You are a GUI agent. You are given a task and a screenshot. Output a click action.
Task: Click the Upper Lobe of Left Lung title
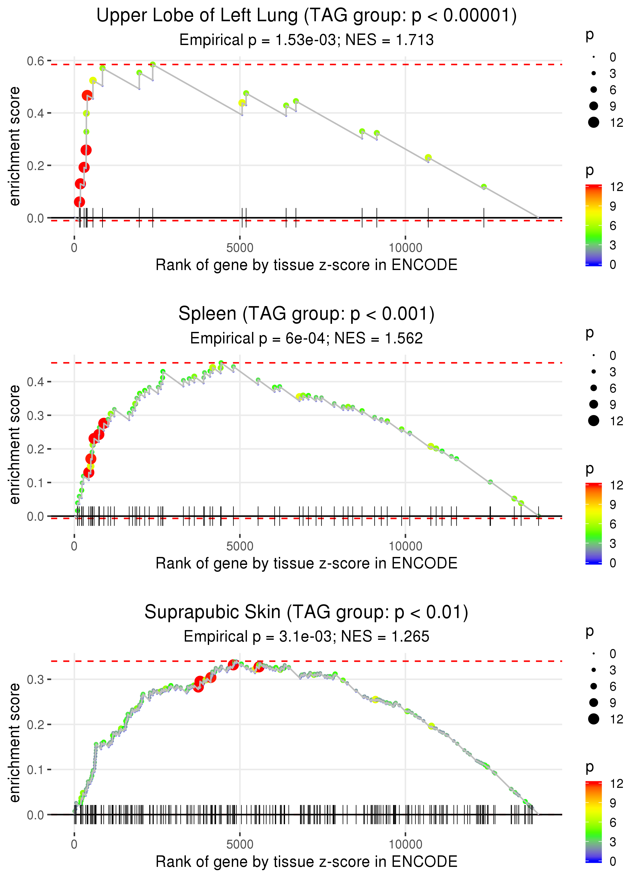click(x=306, y=16)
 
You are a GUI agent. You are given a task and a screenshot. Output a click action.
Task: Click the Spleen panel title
click(x=306, y=314)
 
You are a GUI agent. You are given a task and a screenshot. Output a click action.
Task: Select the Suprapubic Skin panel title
click(x=306, y=612)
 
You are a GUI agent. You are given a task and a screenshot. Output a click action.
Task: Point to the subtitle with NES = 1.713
click(x=306, y=40)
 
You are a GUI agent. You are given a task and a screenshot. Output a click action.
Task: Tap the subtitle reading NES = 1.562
click(x=306, y=339)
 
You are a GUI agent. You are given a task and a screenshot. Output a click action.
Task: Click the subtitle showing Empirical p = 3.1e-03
click(x=306, y=636)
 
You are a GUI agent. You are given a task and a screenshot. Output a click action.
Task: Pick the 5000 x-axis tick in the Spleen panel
click(x=240, y=546)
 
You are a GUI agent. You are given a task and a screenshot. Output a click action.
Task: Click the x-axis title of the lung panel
click(x=306, y=265)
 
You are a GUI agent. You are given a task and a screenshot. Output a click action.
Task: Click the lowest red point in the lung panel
click(x=79, y=202)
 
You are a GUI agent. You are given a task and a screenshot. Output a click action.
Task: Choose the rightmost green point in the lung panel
click(x=484, y=187)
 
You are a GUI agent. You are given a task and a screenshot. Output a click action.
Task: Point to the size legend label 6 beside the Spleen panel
click(x=613, y=388)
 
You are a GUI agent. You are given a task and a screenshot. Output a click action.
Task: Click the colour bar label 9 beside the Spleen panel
click(x=613, y=505)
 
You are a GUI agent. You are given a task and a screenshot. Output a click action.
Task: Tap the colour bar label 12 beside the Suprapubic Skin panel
click(x=616, y=784)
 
